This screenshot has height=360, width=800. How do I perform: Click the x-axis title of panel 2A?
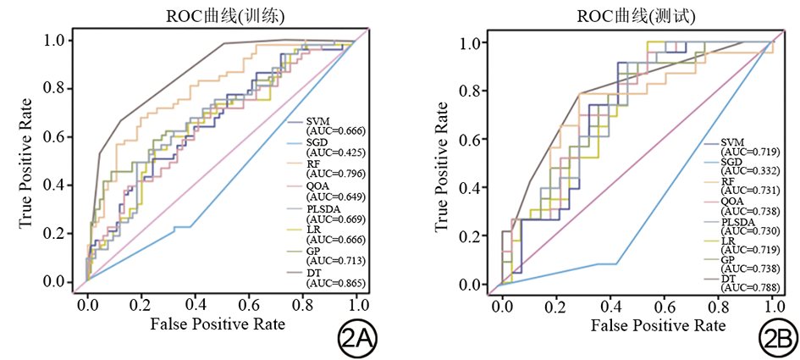(x=219, y=323)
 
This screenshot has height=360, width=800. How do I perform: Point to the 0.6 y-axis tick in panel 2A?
(x=58, y=136)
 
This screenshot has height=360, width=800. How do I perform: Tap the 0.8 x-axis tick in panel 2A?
(x=304, y=302)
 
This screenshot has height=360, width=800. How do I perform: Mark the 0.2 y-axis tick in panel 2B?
(x=473, y=236)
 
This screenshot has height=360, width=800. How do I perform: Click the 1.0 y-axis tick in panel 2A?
(x=58, y=40)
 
